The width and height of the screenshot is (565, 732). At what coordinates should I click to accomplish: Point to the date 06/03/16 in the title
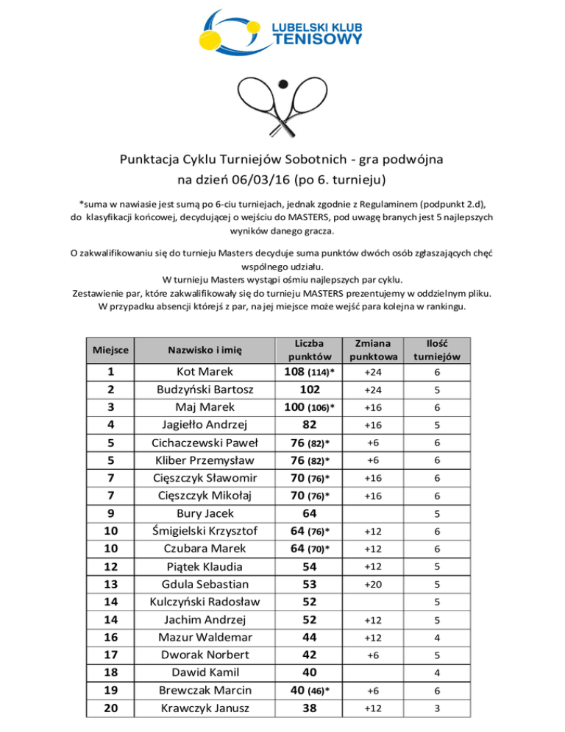[x=256, y=178]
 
